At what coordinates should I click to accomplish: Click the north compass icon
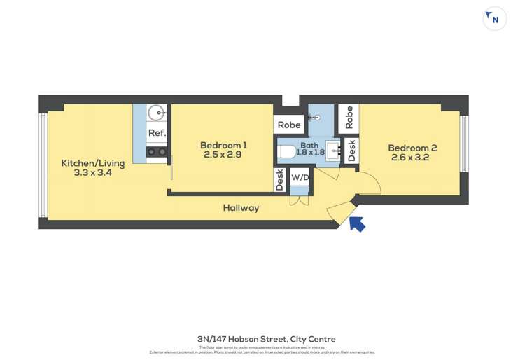click(x=494, y=19)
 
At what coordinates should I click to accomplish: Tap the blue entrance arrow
click(x=357, y=223)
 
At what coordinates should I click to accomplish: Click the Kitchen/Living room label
click(x=92, y=163)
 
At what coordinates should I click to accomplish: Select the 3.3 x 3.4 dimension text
click(x=92, y=172)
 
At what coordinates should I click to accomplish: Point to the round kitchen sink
click(x=157, y=112)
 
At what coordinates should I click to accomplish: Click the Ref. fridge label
click(x=157, y=133)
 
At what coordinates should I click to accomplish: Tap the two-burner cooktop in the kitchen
click(x=156, y=151)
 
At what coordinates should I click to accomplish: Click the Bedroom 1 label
click(x=223, y=145)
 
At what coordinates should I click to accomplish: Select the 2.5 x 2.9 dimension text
click(x=223, y=155)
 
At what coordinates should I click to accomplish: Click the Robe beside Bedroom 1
click(x=289, y=125)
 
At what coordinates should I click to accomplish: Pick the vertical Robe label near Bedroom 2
click(x=349, y=118)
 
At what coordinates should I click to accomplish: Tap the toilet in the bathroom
click(x=287, y=151)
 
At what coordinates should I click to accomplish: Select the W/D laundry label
click(x=300, y=178)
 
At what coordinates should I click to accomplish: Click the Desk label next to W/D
click(x=280, y=181)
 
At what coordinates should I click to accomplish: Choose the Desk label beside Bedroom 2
click(x=351, y=151)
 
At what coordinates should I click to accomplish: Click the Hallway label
click(x=241, y=208)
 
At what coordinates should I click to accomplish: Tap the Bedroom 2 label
click(x=412, y=148)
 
